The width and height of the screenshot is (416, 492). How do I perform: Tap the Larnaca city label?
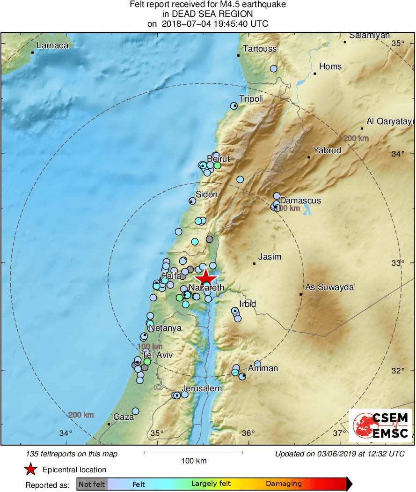tap(53, 45)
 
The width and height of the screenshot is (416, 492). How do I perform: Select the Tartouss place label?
tap(260, 49)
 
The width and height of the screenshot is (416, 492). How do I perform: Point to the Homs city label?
tap(330, 67)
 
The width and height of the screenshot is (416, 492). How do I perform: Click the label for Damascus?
tap(300, 201)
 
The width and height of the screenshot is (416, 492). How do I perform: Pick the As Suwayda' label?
tap(330, 287)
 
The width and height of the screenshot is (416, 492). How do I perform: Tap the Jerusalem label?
tap(201, 388)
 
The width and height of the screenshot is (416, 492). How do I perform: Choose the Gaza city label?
tap(124, 417)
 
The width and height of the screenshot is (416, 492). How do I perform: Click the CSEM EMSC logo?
tap(380, 425)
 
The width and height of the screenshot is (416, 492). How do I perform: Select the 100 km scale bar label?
tap(194, 461)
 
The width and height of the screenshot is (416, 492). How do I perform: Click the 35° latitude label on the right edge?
tap(398, 44)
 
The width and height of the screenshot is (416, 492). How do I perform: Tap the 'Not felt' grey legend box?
tap(92, 484)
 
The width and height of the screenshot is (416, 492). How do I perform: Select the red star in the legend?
tap(31, 470)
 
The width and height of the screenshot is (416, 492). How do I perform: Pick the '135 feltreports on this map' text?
tap(72, 454)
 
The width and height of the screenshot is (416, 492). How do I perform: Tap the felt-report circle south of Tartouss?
tap(274, 68)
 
